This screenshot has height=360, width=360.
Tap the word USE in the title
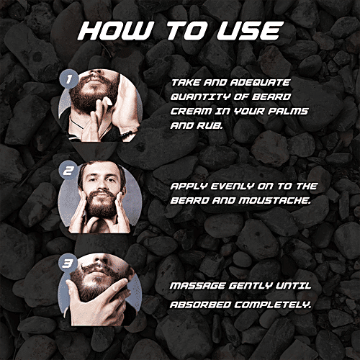[x=248, y=31]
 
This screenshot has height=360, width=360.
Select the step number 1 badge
[x=69, y=78]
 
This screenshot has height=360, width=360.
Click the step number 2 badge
[x=68, y=170]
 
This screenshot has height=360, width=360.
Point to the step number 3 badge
[x=68, y=264]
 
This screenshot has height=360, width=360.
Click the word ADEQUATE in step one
[x=260, y=83]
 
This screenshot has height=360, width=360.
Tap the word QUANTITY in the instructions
[x=200, y=97]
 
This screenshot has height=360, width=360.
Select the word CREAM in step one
[x=191, y=111]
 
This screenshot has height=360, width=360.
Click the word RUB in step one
[x=210, y=125]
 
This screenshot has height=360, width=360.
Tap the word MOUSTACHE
[x=275, y=201]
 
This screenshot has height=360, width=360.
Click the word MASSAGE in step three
[x=197, y=286]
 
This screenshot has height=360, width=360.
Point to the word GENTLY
[x=251, y=286]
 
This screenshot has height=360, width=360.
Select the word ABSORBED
[x=200, y=305]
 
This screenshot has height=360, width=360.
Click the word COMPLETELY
[x=273, y=305]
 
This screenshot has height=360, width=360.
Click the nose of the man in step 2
[x=102, y=186]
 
